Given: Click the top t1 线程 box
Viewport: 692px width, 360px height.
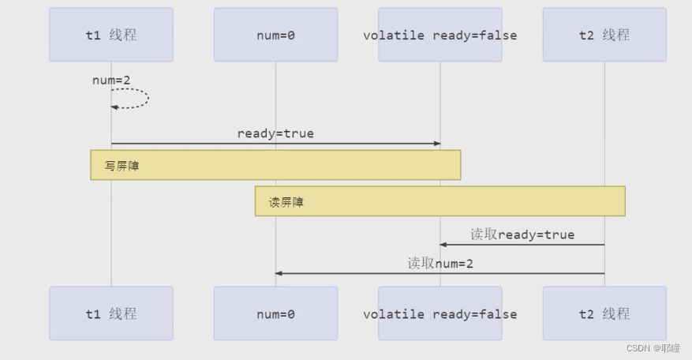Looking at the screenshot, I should pos(111,35).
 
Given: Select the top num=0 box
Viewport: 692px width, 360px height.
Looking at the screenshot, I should pos(275,35).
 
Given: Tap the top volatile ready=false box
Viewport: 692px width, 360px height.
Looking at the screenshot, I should pos(440,35).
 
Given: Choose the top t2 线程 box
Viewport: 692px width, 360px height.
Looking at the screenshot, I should pos(604,35).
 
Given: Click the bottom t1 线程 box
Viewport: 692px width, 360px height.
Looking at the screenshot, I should pos(111,313).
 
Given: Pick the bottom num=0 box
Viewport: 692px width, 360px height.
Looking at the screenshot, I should pos(275,313).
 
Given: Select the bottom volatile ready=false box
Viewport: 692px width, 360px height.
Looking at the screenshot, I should pos(440,313).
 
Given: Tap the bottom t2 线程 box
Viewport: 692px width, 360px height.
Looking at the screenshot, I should pos(604,313).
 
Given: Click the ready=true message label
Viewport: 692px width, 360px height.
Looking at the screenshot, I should pos(275,133).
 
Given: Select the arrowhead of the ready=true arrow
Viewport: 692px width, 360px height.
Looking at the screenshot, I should pos(436,144).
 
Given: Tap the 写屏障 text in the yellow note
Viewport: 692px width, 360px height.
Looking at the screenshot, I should pos(122,166).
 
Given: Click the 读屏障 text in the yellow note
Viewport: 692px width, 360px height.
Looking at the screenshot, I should pos(286,202).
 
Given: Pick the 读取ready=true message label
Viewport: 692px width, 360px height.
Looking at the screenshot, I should pos(522,234).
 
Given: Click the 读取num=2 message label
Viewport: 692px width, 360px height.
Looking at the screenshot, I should pos(440,263).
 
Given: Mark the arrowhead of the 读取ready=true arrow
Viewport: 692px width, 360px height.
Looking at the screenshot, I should pos(443,245).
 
